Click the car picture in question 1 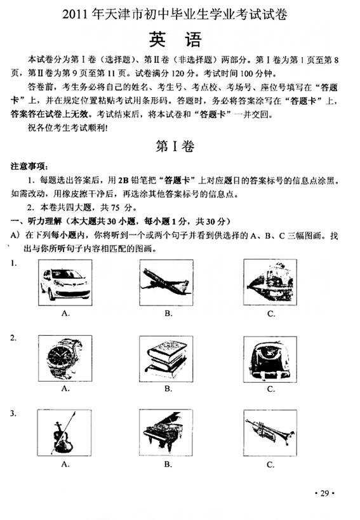pos(65,282)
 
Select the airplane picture pos(166,283)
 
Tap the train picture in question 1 pos(270,282)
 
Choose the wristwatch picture pos(65,358)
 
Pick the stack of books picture pos(166,359)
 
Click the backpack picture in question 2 pos(270,359)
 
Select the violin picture pos(64,432)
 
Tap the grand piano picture pos(166,432)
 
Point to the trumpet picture pos(270,433)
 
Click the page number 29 pos(325,493)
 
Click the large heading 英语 pos(175,39)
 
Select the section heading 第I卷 pos(175,146)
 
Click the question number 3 pos(13,413)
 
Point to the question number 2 pos(13,338)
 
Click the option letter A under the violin pos(65,464)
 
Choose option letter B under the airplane pos(168,314)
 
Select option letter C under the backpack pos(271,389)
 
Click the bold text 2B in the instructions pos(123,180)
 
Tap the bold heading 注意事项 pos(29,166)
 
